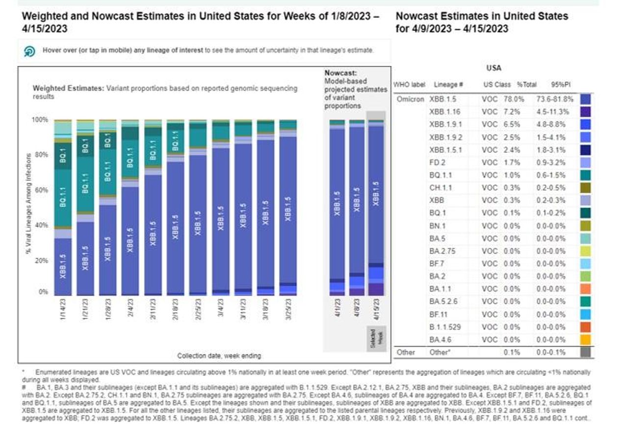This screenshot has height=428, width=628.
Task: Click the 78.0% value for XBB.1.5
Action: click(x=514, y=99)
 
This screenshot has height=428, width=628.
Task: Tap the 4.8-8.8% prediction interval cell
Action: click(x=552, y=124)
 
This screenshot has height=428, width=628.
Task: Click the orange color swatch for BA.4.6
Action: click(x=585, y=339)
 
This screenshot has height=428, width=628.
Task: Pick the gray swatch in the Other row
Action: click(x=585, y=352)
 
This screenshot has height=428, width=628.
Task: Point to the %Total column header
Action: click(x=526, y=84)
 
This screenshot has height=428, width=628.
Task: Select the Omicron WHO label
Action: click(x=410, y=99)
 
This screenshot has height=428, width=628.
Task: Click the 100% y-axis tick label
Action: click(x=40, y=120)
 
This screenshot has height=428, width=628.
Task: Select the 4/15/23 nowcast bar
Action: click(x=376, y=206)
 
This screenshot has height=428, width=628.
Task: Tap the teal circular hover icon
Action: click(x=30, y=52)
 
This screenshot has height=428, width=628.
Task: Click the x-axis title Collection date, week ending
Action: click(x=219, y=355)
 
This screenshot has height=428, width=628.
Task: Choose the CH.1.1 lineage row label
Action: click(x=441, y=187)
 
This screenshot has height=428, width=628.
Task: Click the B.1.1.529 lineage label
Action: click(x=445, y=326)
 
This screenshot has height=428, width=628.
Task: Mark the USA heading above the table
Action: click(x=494, y=68)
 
